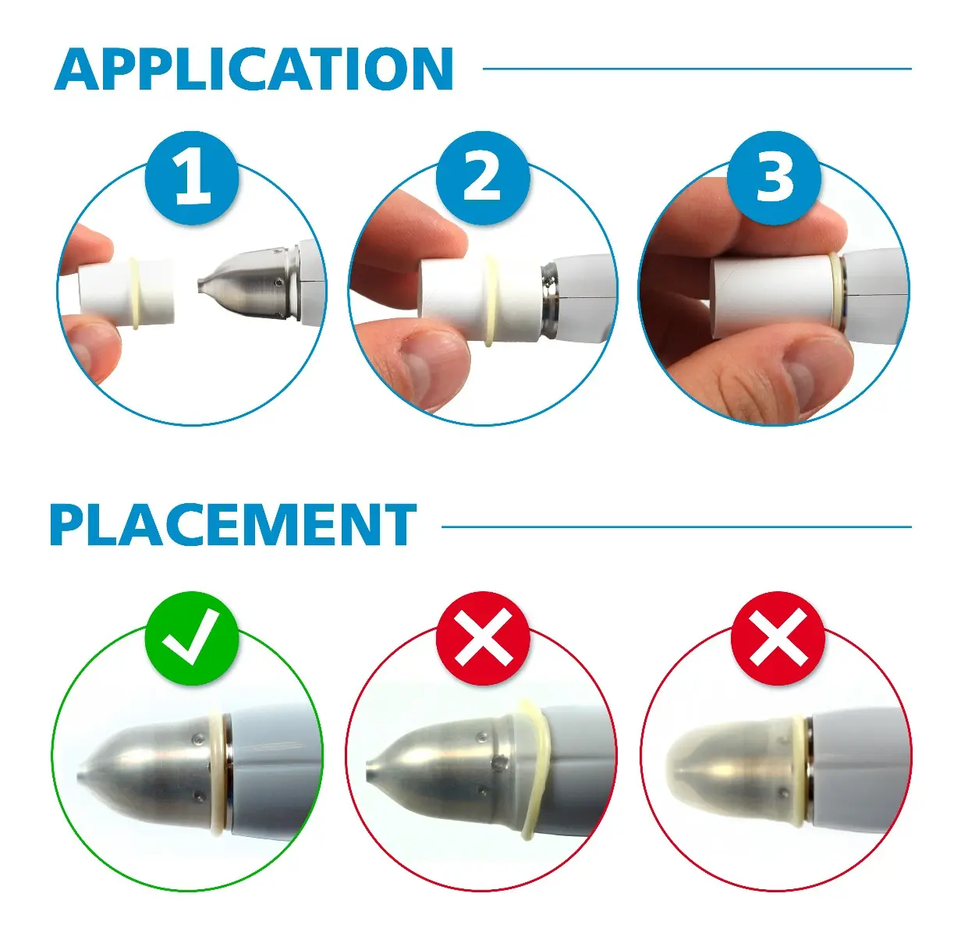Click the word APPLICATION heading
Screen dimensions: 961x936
click(x=254, y=69)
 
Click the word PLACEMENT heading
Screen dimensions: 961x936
click(x=233, y=525)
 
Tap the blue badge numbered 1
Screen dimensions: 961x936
click(x=192, y=179)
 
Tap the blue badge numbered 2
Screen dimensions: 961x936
click(x=483, y=179)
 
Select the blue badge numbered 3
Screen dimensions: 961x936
click(x=774, y=179)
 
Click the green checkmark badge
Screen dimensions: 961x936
click(x=192, y=638)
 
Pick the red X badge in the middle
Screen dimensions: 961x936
click(x=483, y=638)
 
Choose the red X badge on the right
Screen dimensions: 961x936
click(x=778, y=638)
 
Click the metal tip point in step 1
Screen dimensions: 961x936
click(x=200, y=285)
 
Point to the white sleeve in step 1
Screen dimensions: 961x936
click(x=127, y=292)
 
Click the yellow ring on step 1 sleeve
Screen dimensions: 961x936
click(x=134, y=292)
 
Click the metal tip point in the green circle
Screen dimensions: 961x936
click(x=79, y=775)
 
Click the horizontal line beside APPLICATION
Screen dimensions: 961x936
click(x=697, y=69)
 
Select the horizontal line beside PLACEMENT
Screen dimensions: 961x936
click(x=676, y=526)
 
